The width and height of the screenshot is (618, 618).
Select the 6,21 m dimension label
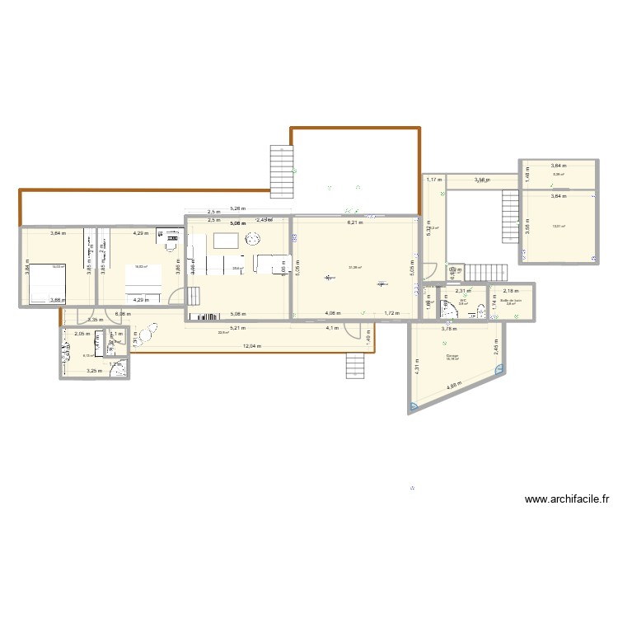coord(354,222)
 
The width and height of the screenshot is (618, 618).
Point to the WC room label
coord(464,301)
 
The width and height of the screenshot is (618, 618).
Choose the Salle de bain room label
coord(511,301)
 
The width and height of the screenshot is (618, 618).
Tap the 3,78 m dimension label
coord(448,330)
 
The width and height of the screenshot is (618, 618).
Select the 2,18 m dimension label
coord(511,291)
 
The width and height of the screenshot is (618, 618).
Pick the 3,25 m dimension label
coord(96,372)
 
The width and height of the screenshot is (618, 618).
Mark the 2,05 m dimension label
coord(82,334)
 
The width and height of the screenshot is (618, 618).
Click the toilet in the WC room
coord(449,311)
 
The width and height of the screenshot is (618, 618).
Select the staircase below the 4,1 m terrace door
coord(356,363)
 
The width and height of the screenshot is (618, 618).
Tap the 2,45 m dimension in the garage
coord(496,349)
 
